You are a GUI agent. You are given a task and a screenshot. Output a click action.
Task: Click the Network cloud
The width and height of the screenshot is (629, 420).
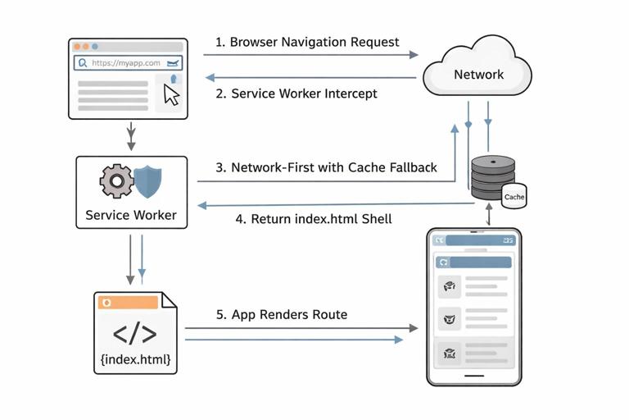(x=478, y=71)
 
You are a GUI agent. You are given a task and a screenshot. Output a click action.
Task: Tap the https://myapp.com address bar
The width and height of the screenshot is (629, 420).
(x=128, y=62)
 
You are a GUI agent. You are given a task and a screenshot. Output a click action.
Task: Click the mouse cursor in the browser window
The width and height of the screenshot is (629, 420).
(x=171, y=94)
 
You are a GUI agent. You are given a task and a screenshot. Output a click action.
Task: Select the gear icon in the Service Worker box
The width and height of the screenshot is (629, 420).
(x=116, y=180)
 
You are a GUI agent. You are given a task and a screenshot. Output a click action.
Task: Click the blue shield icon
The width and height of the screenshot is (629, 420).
(x=147, y=180)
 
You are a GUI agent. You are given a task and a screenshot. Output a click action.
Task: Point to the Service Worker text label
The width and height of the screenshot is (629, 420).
(x=131, y=216)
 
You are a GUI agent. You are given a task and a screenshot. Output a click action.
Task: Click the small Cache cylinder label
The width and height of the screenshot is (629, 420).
(x=514, y=197)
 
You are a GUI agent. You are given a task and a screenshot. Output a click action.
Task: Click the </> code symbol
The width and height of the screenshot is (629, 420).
(x=134, y=334)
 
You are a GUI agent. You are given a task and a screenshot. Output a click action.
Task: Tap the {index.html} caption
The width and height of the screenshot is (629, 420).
(x=135, y=359)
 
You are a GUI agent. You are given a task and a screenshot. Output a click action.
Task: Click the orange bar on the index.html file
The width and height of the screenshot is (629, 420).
(x=128, y=303)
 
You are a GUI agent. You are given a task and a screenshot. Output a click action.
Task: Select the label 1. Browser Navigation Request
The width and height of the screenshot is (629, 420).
(x=307, y=42)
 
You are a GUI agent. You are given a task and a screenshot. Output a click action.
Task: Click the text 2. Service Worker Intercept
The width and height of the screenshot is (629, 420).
(x=304, y=94)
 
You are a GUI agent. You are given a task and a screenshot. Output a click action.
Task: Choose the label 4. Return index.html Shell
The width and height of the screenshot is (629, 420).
(x=314, y=219)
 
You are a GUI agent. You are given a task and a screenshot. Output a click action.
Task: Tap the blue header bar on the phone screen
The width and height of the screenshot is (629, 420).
(x=474, y=262)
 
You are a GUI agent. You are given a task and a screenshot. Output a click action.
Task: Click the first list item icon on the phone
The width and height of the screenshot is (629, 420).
(x=449, y=285)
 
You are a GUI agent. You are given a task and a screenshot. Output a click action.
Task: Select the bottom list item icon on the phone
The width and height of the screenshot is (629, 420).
(x=449, y=354)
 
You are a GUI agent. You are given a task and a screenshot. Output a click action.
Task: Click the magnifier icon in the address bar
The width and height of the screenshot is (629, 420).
(x=82, y=62)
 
